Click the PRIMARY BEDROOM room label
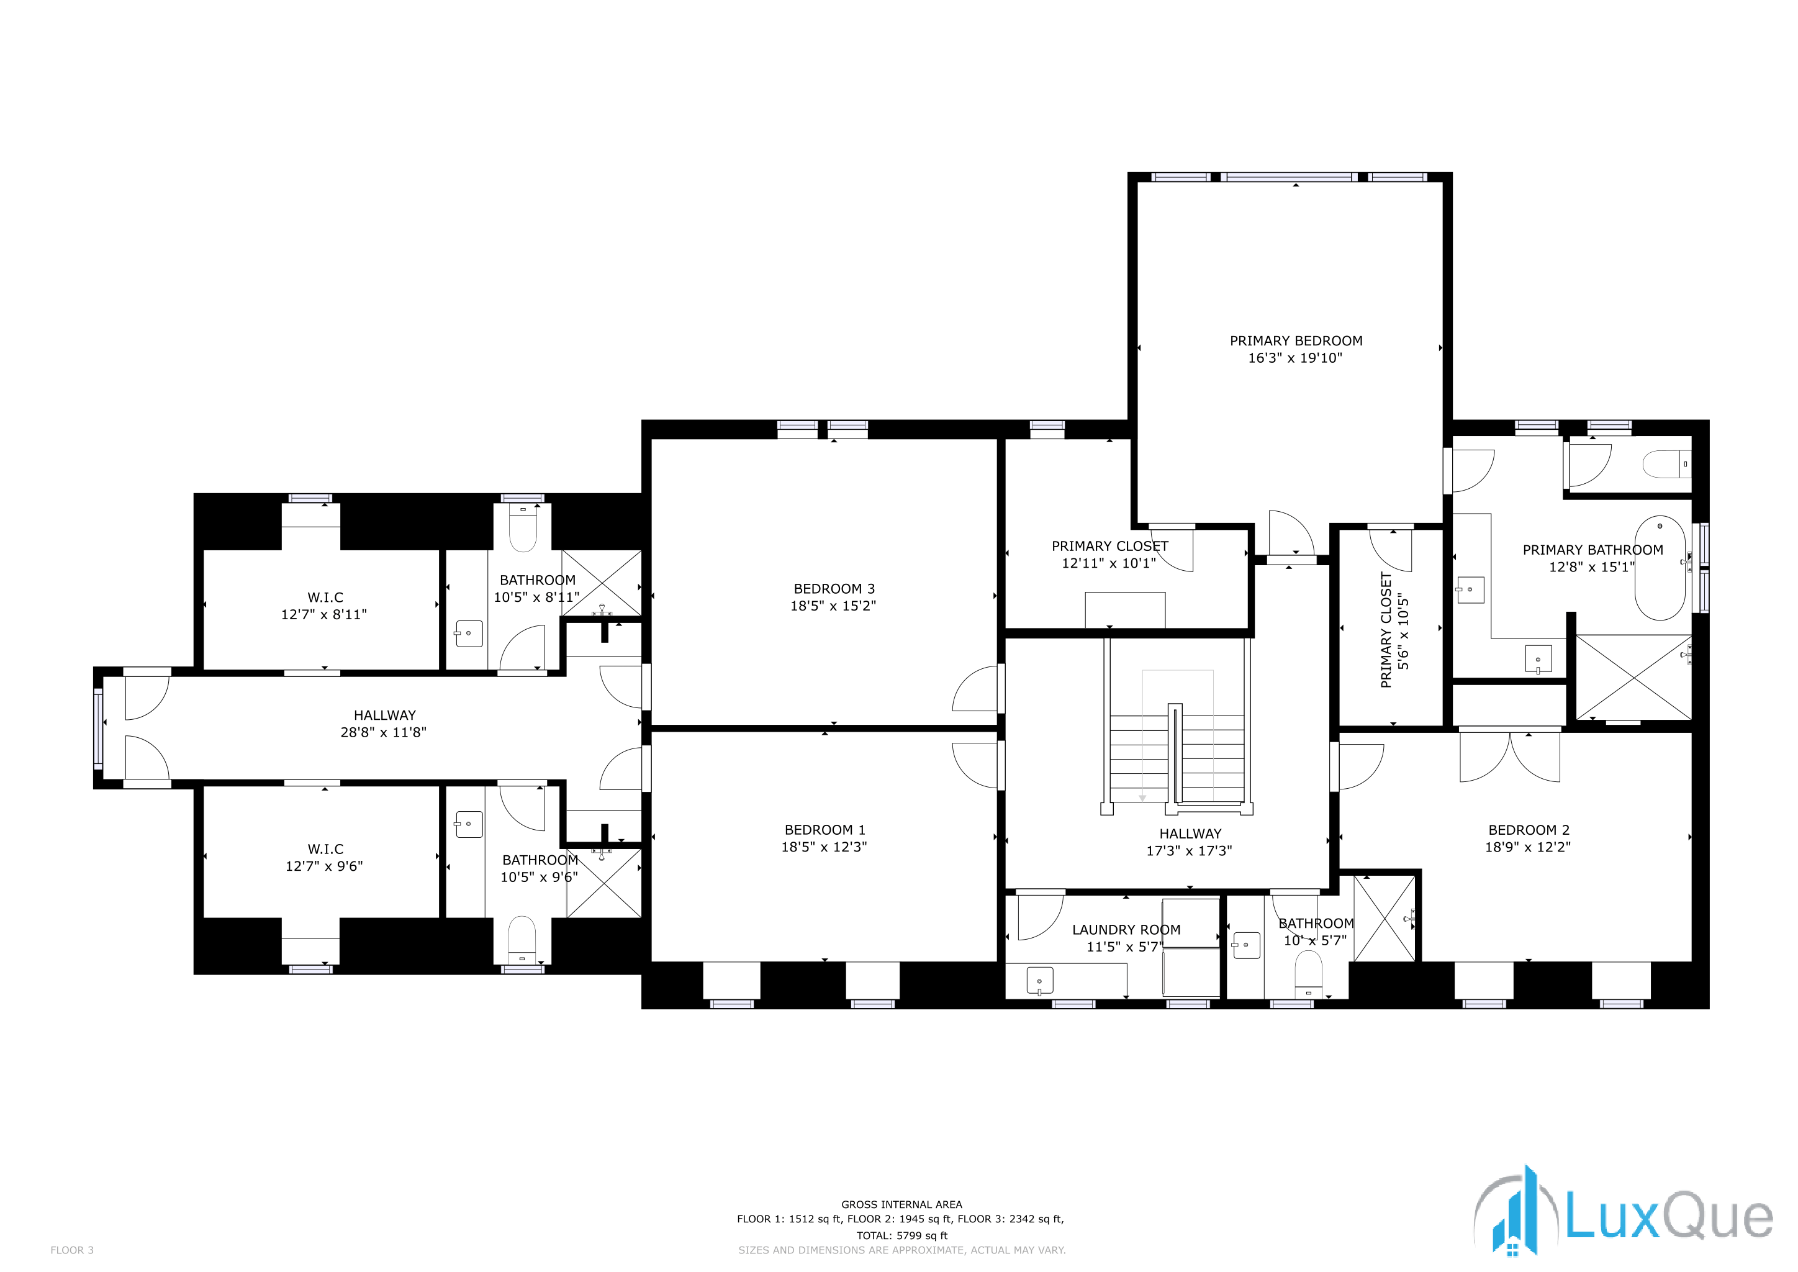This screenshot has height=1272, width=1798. click(x=1295, y=341)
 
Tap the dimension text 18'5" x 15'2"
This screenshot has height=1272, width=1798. click(x=833, y=606)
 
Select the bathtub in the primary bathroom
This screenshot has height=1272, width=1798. click(x=1660, y=567)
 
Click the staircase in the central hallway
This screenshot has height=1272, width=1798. click(x=1177, y=756)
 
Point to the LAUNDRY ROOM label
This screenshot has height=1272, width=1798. click(x=1126, y=930)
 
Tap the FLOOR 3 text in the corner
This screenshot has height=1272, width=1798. click(x=71, y=1250)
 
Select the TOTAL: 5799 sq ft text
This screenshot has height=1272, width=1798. click(x=901, y=1235)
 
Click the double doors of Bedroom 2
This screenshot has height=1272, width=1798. click(x=1510, y=756)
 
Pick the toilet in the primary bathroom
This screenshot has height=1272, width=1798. click(x=1666, y=465)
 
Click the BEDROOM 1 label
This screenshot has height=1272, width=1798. click(x=824, y=829)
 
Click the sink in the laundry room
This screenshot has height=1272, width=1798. click(x=1039, y=981)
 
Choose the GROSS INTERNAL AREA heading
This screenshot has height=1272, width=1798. click(x=901, y=1205)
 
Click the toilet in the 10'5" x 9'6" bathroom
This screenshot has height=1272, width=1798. click(x=522, y=940)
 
